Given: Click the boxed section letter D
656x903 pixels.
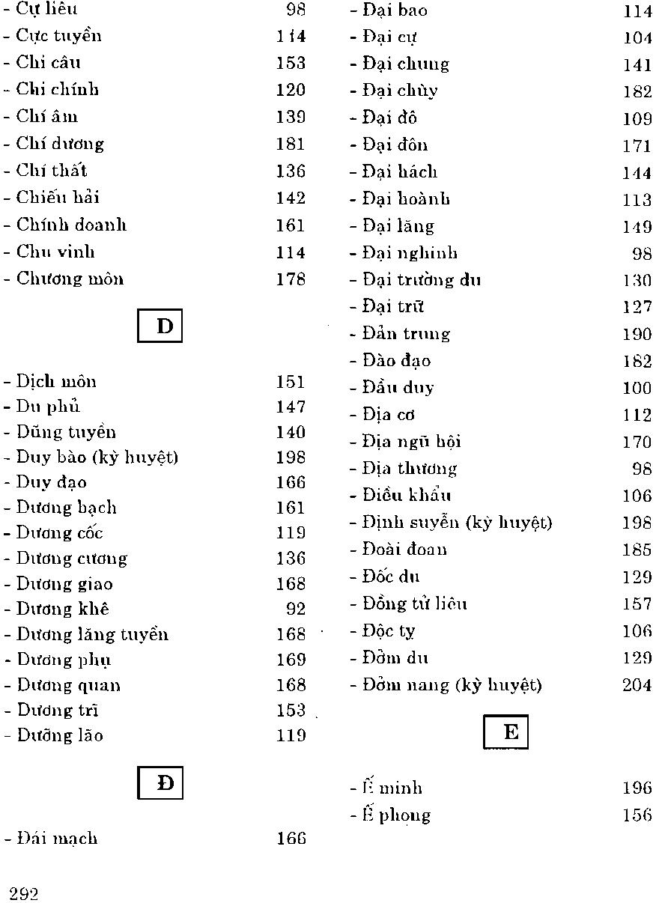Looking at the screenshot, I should click(160, 326).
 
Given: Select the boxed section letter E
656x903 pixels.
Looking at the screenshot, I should click(507, 732).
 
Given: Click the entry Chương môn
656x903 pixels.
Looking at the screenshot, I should click(70, 279).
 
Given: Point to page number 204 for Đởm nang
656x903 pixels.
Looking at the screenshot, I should click(637, 685).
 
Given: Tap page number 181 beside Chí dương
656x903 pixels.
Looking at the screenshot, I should click(291, 144).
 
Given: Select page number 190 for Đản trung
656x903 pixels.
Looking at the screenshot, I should click(637, 334).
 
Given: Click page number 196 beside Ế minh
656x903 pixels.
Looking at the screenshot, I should click(637, 788).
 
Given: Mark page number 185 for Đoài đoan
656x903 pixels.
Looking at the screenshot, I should click(637, 550).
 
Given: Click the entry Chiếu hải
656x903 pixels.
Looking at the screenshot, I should click(58, 198).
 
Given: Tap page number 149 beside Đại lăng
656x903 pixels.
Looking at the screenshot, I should click(637, 226).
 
